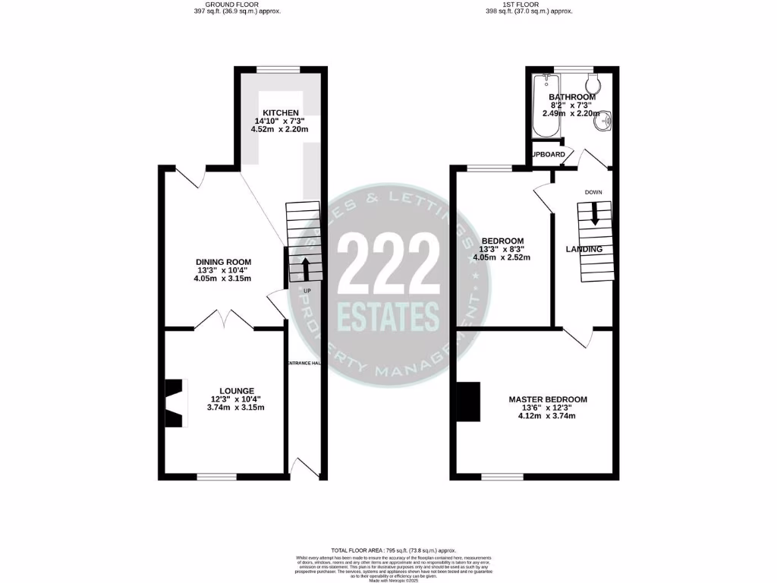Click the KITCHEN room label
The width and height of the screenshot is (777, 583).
275,112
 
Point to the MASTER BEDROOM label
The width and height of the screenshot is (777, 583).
547,399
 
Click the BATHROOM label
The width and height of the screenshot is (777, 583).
572,97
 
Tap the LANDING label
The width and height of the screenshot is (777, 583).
584,249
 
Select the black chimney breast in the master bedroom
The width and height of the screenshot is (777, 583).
468,402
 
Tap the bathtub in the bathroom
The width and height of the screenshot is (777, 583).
543,108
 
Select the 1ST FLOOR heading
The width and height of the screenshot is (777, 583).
528,5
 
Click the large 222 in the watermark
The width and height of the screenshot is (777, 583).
388,263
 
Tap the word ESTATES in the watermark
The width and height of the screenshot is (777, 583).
388,313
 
